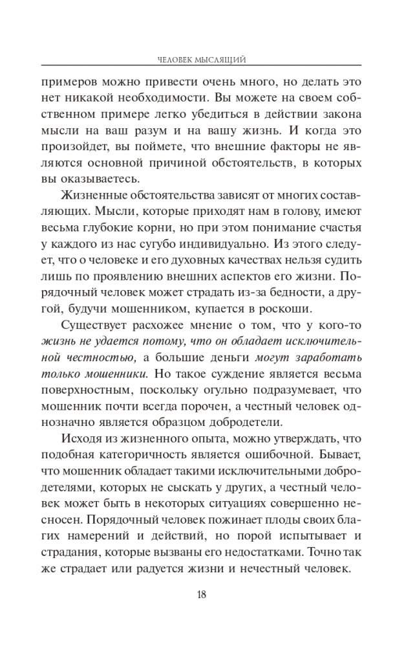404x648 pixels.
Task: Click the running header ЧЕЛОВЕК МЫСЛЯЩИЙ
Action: pos(202,59)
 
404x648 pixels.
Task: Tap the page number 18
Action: pos(202,610)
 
